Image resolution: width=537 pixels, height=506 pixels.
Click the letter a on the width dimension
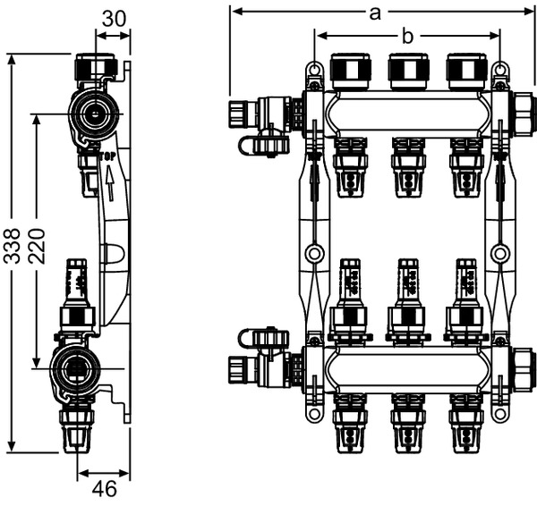pos(375,12)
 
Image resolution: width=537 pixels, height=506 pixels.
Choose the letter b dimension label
pos(407,36)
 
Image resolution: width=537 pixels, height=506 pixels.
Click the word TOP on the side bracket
pos(108,156)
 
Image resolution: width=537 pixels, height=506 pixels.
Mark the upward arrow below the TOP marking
pos(109,186)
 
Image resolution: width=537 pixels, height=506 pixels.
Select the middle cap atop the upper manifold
pos(408,72)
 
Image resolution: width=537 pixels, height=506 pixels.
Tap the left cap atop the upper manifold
pos(350,72)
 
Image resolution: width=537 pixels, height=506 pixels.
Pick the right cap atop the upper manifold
pos(466,72)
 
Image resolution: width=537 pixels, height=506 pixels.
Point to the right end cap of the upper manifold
pos(523,114)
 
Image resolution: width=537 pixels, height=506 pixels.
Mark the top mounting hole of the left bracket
pos(313,69)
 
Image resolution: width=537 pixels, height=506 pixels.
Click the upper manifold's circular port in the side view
pos(90,114)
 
